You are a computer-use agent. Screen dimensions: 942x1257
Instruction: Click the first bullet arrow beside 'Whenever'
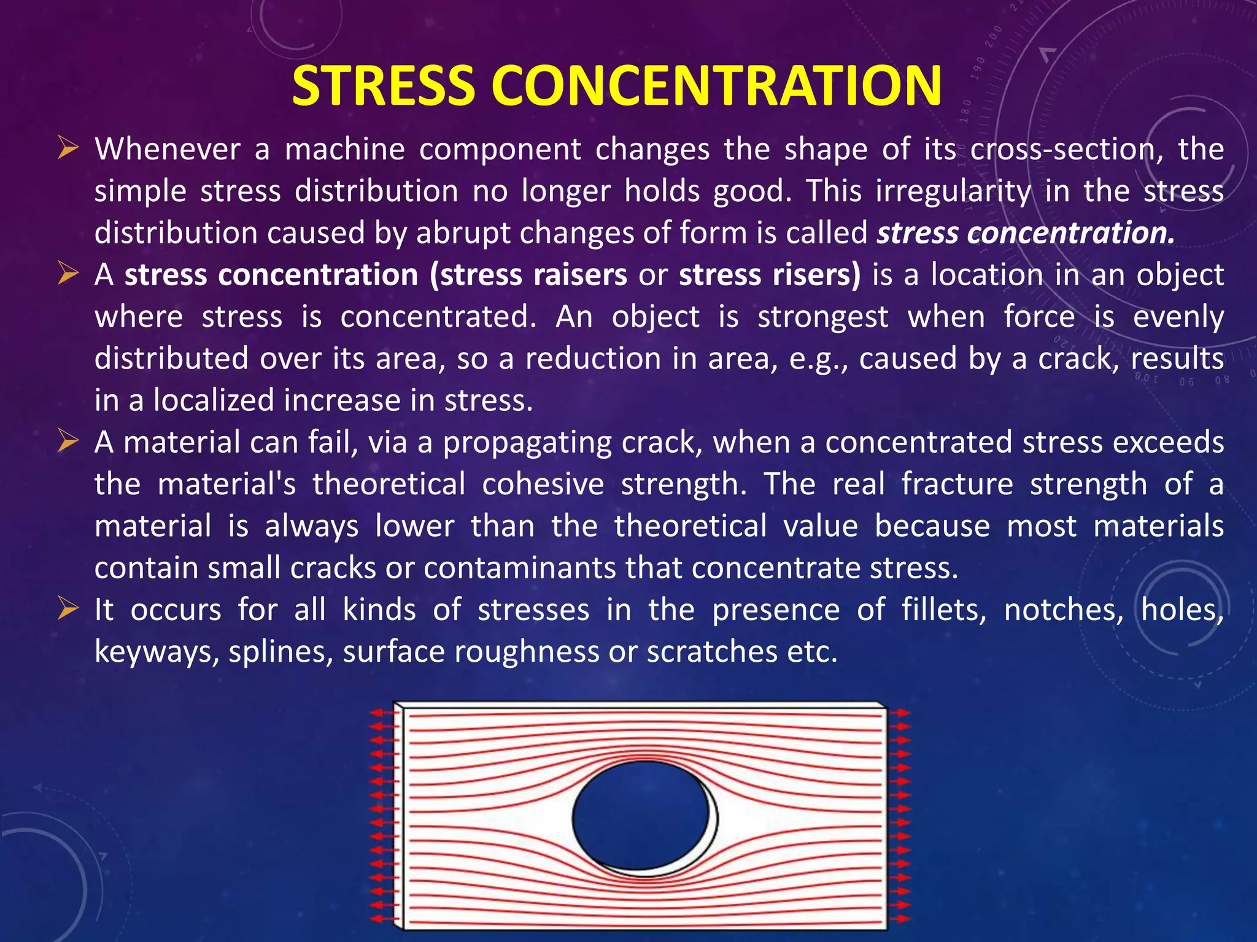click(68, 148)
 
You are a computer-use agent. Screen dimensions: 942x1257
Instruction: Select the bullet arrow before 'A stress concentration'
click(68, 274)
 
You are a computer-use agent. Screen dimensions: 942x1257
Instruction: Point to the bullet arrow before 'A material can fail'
click(68, 441)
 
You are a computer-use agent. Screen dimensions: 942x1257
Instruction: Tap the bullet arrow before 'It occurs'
click(68, 608)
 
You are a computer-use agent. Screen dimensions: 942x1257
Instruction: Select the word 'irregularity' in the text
click(953, 191)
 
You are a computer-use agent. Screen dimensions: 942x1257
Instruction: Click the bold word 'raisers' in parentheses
click(580, 275)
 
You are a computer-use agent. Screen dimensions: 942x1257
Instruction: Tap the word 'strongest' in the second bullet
click(822, 317)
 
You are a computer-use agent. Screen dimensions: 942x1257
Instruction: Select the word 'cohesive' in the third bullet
click(543, 484)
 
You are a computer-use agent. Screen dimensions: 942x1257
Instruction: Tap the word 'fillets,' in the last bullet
click(943, 610)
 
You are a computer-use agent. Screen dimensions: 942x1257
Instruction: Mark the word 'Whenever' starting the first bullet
click(167, 150)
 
